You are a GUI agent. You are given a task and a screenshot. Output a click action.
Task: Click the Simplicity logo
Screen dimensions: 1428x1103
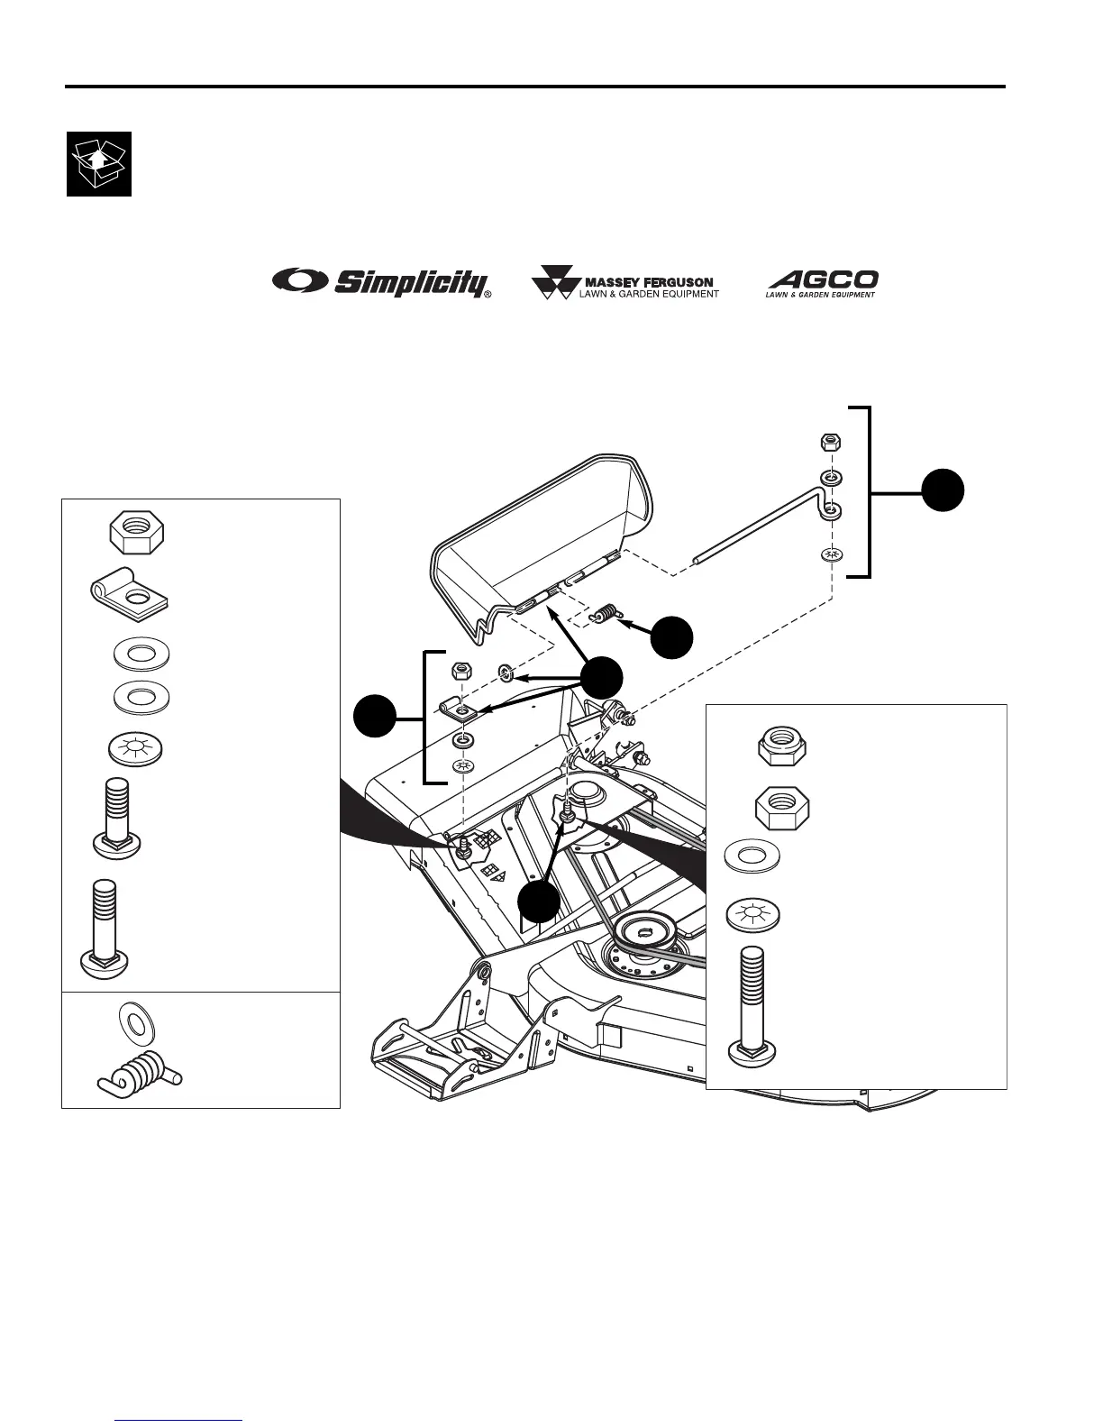coord(382,282)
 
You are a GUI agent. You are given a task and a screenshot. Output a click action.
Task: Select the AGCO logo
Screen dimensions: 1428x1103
coord(822,282)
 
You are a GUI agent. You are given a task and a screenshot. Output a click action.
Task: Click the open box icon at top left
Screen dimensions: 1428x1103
coord(99,164)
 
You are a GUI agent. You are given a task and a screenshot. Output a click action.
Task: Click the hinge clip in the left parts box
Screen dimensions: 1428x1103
coord(132,594)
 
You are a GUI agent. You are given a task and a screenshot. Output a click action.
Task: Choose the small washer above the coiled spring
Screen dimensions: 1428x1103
coord(137,1022)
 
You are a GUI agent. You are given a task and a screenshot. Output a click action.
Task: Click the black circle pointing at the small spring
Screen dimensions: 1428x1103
coord(673,636)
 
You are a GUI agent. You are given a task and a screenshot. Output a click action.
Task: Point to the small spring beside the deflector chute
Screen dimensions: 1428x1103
coord(606,614)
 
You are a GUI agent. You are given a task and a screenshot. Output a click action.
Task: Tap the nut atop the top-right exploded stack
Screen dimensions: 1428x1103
coord(832,443)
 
